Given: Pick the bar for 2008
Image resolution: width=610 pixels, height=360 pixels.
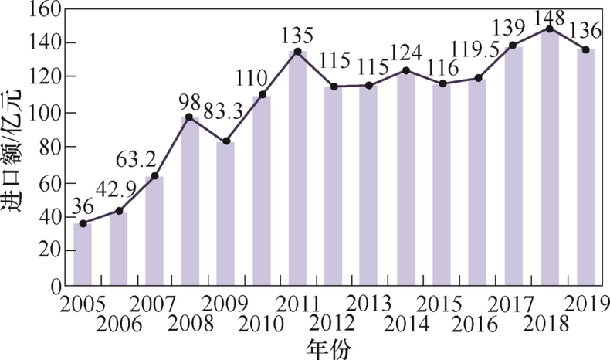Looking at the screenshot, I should (x=190, y=201).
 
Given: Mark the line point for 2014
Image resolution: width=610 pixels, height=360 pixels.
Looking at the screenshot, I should (x=405, y=70).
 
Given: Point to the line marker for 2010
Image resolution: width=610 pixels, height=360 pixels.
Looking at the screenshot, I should (x=262, y=95).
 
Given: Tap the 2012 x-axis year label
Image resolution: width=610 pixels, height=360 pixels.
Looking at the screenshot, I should (x=333, y=321).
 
